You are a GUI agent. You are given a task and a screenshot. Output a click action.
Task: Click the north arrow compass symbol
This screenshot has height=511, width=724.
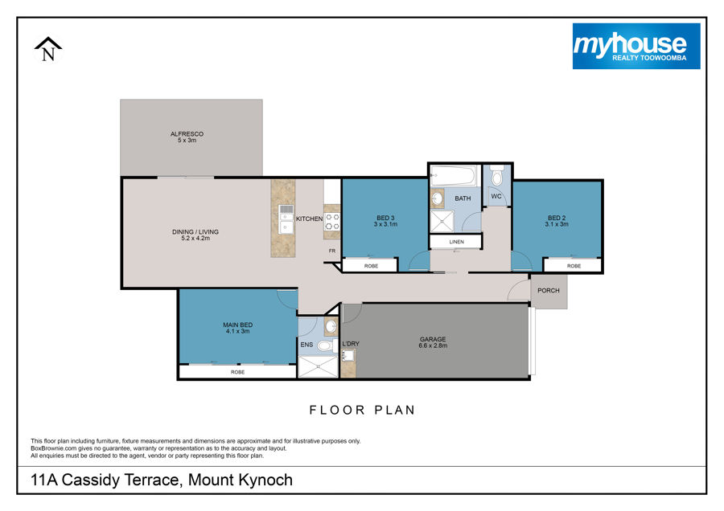(48, 49)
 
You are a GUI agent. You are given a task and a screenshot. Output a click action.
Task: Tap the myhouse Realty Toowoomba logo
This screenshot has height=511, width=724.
(636, 46)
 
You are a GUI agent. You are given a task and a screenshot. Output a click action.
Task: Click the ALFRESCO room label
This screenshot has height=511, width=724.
(187, 133)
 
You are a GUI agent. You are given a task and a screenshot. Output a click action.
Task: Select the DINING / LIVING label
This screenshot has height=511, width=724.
(195, 232)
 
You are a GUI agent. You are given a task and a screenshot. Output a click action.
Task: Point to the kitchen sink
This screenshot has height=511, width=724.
(286, 219)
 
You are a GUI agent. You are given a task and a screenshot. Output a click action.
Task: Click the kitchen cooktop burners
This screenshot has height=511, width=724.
(332, 222)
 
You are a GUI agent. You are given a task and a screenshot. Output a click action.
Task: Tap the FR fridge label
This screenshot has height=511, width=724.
(332, 251)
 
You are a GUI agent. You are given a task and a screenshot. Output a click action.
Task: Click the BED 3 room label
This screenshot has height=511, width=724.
(385, 218)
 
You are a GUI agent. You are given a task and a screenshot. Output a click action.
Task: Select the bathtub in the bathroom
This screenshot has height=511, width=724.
(454, 176)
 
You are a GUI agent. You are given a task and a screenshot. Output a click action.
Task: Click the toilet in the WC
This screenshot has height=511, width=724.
(497, 176)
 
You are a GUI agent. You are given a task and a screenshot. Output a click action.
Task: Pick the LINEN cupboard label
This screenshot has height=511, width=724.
(457, 242)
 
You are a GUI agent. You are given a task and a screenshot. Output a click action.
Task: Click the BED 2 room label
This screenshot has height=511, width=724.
(557, 218)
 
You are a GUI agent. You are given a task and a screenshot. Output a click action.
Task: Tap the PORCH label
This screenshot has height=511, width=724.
(549, 291)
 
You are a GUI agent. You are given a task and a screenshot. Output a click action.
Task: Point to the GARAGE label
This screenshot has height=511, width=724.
(433, 339)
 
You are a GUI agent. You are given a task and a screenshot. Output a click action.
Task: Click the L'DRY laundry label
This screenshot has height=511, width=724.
(351, 344)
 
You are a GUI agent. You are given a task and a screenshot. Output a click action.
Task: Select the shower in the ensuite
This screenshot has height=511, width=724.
(318, 367)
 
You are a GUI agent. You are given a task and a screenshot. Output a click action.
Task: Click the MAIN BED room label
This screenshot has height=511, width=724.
(238, 325)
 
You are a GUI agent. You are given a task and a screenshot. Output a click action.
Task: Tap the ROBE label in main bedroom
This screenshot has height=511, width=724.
(238, 372)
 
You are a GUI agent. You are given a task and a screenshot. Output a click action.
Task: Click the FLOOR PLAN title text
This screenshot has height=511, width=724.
(363, 410)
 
